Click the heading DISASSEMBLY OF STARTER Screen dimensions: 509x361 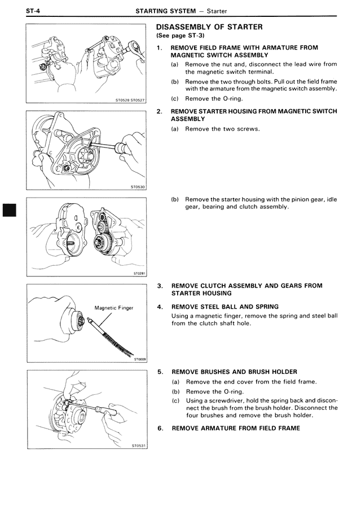click(209, 27)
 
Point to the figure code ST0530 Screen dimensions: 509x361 click(138, 187)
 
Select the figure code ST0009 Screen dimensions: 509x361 click(139, 358)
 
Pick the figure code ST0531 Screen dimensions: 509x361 click(139, 445)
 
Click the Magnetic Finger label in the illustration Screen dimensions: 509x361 click(114, 308)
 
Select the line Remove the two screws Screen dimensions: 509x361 click(222, 129)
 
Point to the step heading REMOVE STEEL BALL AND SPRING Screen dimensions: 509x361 click(224, 307)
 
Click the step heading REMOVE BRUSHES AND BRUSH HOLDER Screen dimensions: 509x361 click(234, 372)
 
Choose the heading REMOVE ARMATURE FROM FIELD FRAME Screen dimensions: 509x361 click(236, 428)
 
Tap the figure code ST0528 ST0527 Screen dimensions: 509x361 click(130, 101)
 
